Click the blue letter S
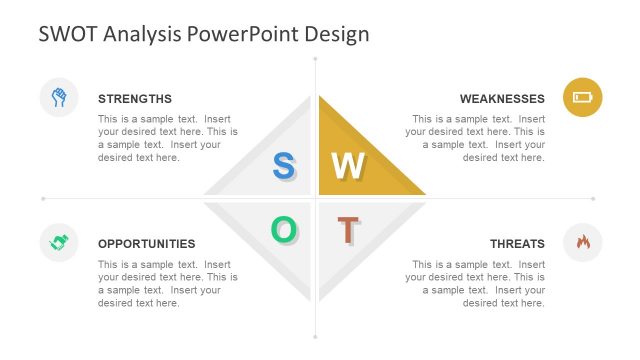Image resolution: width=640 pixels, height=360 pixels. point(283,166)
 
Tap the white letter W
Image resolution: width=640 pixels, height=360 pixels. point(348,166)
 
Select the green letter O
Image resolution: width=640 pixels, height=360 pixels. point(283,230)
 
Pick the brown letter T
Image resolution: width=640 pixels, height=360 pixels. point(347,230)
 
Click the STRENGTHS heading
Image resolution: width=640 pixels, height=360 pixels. point(135,99)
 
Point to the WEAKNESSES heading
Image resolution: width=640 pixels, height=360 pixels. point(502,99)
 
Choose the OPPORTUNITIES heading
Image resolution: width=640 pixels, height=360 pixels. point(146,244)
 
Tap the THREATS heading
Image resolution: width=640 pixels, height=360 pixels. point(517,244)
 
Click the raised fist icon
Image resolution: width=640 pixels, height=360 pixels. point(59,97)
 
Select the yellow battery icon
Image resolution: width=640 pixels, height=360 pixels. point(582,97)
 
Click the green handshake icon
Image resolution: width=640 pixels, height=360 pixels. point(59,242)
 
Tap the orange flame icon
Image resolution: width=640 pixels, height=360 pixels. point(583,242)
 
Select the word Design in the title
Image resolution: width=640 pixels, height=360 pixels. point(338,34)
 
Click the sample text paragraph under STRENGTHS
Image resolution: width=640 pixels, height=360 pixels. point(167,138)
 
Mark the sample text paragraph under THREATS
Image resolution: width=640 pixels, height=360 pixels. point(476,284)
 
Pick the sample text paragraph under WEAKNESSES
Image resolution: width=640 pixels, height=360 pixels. point(476,138)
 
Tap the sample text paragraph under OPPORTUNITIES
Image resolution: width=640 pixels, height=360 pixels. point(167,284)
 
